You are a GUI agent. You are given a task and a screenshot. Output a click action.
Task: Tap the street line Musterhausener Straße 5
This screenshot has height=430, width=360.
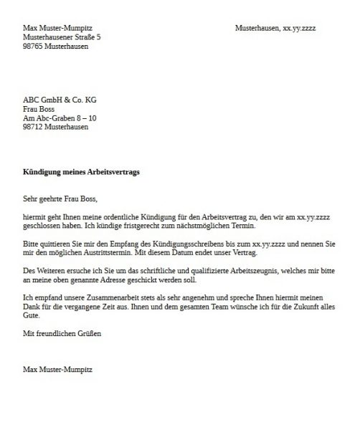click(62, 37)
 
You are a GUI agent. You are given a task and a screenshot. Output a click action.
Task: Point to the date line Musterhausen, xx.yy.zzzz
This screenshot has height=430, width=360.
click(275, 27)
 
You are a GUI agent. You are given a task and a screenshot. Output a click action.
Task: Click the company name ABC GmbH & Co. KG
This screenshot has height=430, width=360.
click(60, 100)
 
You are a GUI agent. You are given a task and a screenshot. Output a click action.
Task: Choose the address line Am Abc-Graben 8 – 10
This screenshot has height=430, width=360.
click(60, 118)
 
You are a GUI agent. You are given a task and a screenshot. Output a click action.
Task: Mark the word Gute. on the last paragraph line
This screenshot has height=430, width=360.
click(32, 316)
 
